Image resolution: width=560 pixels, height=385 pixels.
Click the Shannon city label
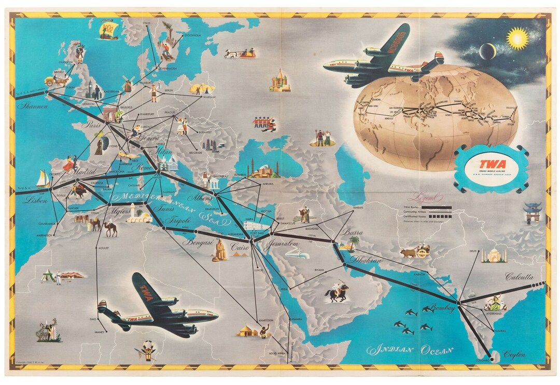32,106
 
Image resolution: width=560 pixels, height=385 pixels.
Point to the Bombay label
442,309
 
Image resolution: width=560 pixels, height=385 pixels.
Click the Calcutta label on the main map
519,277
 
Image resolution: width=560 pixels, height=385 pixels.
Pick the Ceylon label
514,354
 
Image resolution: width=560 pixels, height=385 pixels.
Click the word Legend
425,198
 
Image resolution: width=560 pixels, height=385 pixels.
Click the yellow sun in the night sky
517,38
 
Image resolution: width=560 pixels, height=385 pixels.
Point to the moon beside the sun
487,51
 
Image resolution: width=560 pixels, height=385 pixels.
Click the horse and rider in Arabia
337,293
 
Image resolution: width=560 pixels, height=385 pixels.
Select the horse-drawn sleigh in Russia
240,53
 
